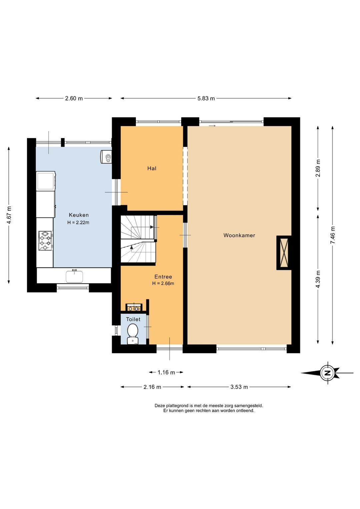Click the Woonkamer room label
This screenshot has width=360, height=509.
(x=239, y=235)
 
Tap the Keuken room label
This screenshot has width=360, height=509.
(x=79, y=215)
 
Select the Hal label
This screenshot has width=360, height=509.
(x=152, y=168)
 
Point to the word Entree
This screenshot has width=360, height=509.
(x=163, y=277)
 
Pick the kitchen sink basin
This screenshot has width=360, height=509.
(x=74, y=276)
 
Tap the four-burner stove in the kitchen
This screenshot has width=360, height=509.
(x=45, y=241)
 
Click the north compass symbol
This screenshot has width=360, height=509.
(x=327, y=373)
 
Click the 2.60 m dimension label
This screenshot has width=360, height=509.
(x=74, y=99)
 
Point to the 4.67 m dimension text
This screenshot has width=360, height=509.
(x=9, y=215)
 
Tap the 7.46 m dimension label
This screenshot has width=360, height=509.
(x=333, y=235)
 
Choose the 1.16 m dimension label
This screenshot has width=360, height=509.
(x=166, y=373)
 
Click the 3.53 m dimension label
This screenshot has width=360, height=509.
(x=239, y=387)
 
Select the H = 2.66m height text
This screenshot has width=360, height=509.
(x=163, y=284)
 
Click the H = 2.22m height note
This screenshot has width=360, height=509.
(x=78, y=222)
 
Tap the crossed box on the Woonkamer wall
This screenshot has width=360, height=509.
(x=284, y=253)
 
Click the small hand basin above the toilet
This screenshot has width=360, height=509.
(x=134, y=308)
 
